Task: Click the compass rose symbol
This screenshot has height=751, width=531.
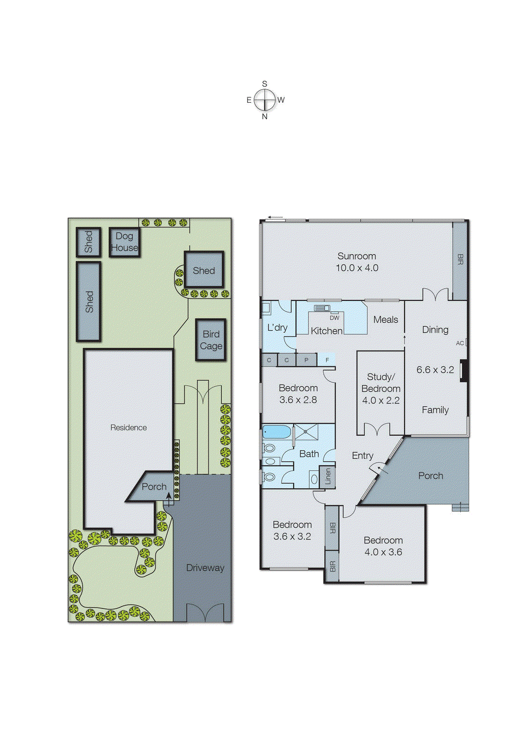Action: (265, 100)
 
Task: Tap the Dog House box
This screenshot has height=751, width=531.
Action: (125, 242)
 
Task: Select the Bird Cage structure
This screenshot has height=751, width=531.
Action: (211, 340)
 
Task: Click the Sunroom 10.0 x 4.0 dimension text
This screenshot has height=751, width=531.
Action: (357, 268)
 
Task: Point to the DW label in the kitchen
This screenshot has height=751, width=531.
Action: (334, 318)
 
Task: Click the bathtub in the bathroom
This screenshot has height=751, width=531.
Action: (277, 431)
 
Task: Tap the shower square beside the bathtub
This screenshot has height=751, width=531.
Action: (306, 431)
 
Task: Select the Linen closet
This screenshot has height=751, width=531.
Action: (328, 476)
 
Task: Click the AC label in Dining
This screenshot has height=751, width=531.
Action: (460, 343)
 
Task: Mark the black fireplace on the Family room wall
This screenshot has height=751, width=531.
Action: (464, 371)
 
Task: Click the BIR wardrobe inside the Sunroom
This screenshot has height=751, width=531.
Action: (460, 261)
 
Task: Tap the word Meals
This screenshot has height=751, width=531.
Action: (386, 320)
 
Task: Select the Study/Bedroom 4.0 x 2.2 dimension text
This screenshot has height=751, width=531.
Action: (381, 400)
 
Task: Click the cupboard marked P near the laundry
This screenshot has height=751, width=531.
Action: (307, 360)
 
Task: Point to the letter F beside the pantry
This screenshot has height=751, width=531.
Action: (327, 360)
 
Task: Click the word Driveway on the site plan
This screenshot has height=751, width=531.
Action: (205, 567)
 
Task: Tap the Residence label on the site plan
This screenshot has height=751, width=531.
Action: (128, 428)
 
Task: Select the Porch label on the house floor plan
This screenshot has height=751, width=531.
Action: (430, 476)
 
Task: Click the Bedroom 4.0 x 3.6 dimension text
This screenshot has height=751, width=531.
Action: (383, 552)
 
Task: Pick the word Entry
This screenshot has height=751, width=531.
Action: (362, 456)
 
